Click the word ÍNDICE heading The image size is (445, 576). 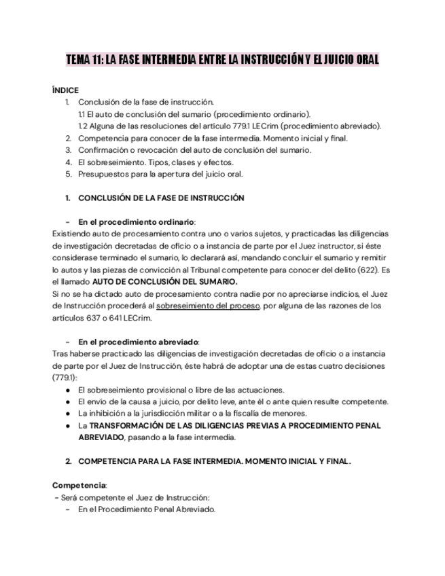coord(65,90)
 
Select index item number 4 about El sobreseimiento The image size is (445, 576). coord(156,162)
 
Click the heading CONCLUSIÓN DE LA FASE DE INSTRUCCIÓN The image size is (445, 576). coord(161,198)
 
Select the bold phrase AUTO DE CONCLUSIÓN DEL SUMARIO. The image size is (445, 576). coord(165,281)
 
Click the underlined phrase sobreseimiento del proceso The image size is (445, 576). coord(208,306)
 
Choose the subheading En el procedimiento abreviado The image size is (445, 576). coord(139,342)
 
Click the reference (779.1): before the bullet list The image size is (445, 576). coord(65,377)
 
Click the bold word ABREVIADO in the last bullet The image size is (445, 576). coord(101,437)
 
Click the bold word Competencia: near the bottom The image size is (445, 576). coord(79,485)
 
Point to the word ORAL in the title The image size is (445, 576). coord(364,60)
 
